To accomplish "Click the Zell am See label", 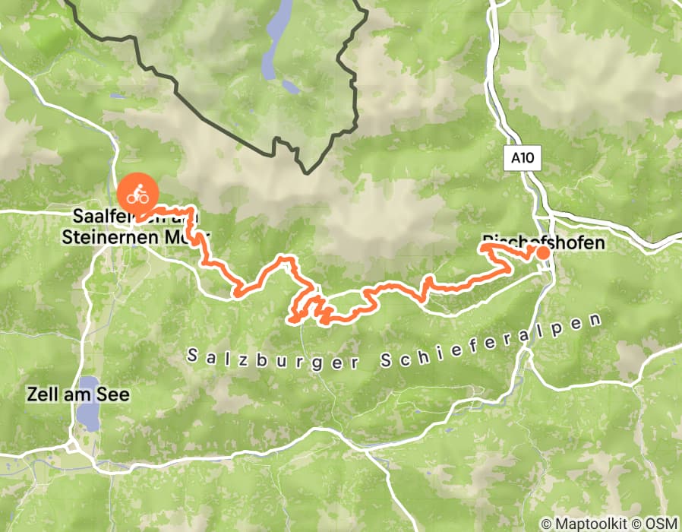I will [x=68, y=394].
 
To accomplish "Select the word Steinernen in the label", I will [x=100, y=237].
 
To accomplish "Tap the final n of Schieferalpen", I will [x=606, y=319].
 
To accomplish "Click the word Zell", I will [x=39, y=394].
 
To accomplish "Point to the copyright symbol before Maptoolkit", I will [x=545, y=524].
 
